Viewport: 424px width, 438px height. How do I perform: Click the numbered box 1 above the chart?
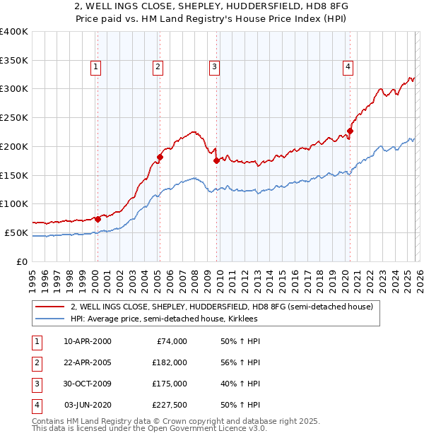click(95, 67)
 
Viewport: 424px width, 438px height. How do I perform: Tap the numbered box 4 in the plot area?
click(348, 67)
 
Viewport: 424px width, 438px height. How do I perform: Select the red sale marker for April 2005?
click(160, 157)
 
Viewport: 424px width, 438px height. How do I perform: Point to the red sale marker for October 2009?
click(216, 160)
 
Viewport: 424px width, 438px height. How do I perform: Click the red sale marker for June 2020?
click(350, 131)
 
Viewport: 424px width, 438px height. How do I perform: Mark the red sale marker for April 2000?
click(98, 219)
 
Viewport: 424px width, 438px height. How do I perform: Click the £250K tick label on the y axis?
click(14, 117)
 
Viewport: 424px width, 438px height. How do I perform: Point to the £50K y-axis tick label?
click(16, 232)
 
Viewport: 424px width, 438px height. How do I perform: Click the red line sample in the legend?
click(49, 307)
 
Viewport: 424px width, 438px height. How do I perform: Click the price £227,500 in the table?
click(170, 405)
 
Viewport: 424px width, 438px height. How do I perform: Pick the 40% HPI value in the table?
click(240, 384)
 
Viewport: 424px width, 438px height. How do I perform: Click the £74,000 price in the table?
click(172, 341)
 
